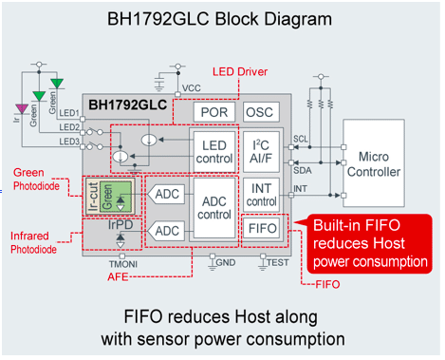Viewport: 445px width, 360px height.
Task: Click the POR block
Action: tap(214, 112)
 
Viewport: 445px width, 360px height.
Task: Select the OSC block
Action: tap(261, 112)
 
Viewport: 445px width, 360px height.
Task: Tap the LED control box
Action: tap(214, 152)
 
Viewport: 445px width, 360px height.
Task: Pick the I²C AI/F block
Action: tap(261, 152)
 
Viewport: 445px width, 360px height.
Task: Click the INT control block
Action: tap(261, 195)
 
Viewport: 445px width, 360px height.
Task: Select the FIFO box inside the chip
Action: tap(261, 228)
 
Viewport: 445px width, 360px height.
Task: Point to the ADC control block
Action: tap(214, 208)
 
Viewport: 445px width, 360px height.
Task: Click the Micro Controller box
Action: tap(374, 163)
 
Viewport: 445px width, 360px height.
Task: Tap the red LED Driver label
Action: tap(240, 72)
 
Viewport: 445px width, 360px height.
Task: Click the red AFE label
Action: tap(118, 277)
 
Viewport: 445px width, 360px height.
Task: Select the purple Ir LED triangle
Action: tap(22, 109)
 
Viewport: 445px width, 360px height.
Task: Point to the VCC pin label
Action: tap(192, 88)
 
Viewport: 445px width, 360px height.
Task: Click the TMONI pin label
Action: tap(123, 264)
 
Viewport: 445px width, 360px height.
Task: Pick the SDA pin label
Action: tap(303, 171)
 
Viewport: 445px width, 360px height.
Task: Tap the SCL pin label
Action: tap(301, 139)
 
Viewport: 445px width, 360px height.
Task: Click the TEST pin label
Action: tap(278, 262)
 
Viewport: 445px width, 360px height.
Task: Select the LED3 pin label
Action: tap(69, 142)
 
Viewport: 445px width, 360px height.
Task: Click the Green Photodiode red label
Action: tap(36, 180)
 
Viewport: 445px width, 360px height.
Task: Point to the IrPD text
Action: tap(121, 225)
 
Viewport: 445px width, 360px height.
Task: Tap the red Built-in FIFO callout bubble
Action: tap(369, 243)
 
